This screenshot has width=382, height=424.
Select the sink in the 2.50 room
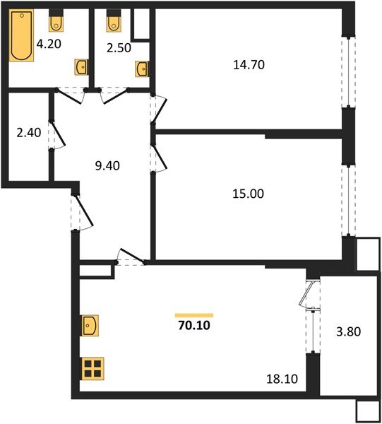(143, 68)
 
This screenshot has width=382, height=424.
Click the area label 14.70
(248, 65)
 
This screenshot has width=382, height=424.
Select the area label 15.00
(248, 193)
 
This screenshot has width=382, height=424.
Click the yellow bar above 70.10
(194, 314)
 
